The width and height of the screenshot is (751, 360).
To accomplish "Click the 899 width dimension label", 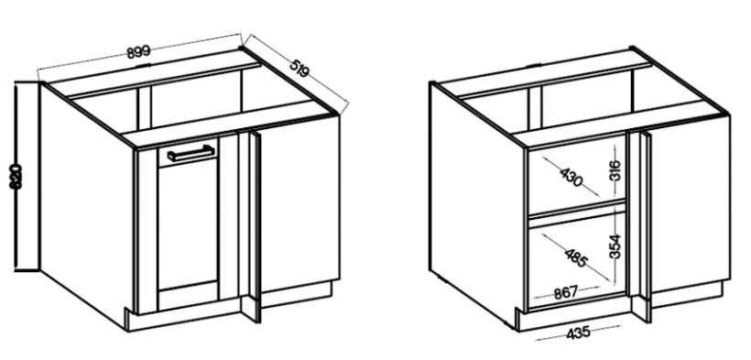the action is point(139,52).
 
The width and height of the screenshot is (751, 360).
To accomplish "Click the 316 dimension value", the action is point(616,169).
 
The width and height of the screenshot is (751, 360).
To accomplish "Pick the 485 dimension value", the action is point(576,259).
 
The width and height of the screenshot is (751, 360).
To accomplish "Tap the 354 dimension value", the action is point(615,246).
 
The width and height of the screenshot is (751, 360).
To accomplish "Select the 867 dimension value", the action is point(566,292).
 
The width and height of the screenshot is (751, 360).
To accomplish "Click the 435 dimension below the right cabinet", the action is point(578,333).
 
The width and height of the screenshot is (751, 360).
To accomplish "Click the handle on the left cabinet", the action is point(191,153).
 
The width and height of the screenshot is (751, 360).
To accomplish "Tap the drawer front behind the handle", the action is point(188,152).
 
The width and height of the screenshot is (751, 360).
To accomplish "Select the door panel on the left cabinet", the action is point(188,227).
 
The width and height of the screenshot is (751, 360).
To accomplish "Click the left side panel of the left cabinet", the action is point(87,202).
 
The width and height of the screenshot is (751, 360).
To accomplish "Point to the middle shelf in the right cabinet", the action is point(577,210).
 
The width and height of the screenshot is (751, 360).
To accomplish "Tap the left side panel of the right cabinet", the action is point(477,202).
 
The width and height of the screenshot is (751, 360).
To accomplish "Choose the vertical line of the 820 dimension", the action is point(16,176).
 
